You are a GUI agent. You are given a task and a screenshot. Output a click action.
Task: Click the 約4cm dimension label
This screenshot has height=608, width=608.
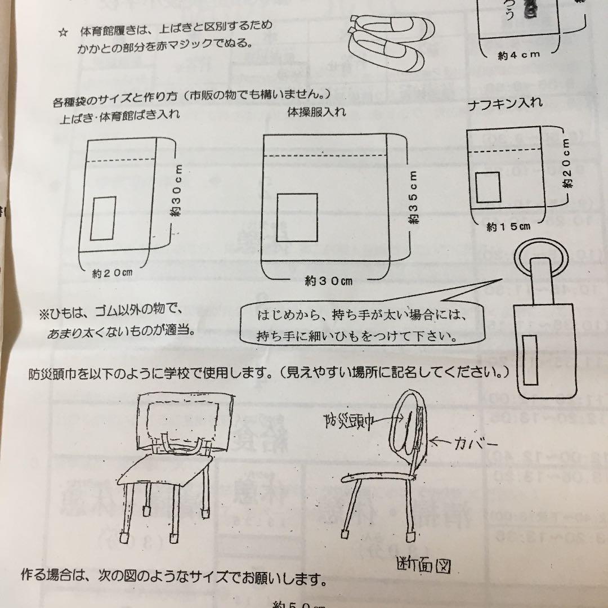pyautogui.click(x=518, y=55)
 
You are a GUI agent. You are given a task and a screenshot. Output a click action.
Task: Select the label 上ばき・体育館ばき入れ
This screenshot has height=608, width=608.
pyautogui.click(x=120, y=117)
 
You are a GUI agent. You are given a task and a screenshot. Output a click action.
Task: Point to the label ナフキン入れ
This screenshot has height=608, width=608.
pyautogui.click(x=505, y=103)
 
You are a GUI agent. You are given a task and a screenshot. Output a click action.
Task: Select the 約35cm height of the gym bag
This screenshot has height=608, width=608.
pyautogui.click(x=414, y=199)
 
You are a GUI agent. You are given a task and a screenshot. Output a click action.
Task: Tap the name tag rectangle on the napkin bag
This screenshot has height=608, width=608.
pyautogui.click(x=488, y=187)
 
